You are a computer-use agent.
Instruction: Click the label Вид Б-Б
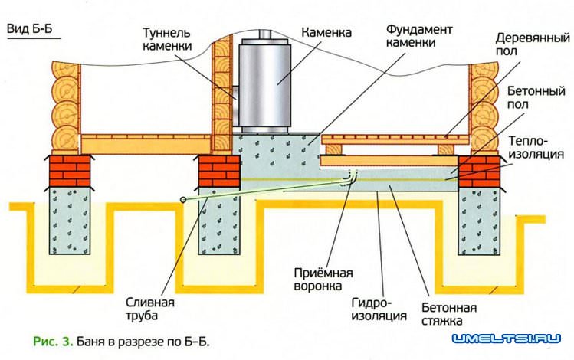(x=30, y=30)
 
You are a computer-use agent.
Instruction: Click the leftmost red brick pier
(x=71, y=169)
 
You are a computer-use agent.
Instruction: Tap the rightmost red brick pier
(x=479, y=170)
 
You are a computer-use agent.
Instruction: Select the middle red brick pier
(x=220, y=170)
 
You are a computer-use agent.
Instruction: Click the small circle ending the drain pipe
(x=183, y=198)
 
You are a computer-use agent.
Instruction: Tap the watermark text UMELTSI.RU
(x=505, y=338)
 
